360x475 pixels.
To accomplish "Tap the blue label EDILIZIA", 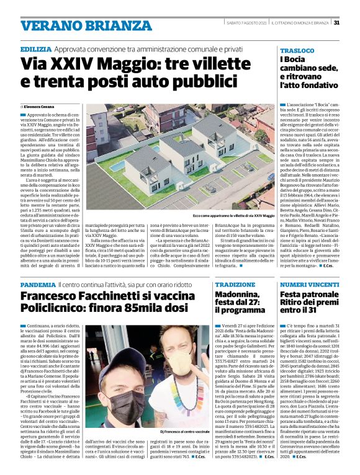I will point(35,48).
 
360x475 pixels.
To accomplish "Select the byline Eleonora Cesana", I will point(41,107).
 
